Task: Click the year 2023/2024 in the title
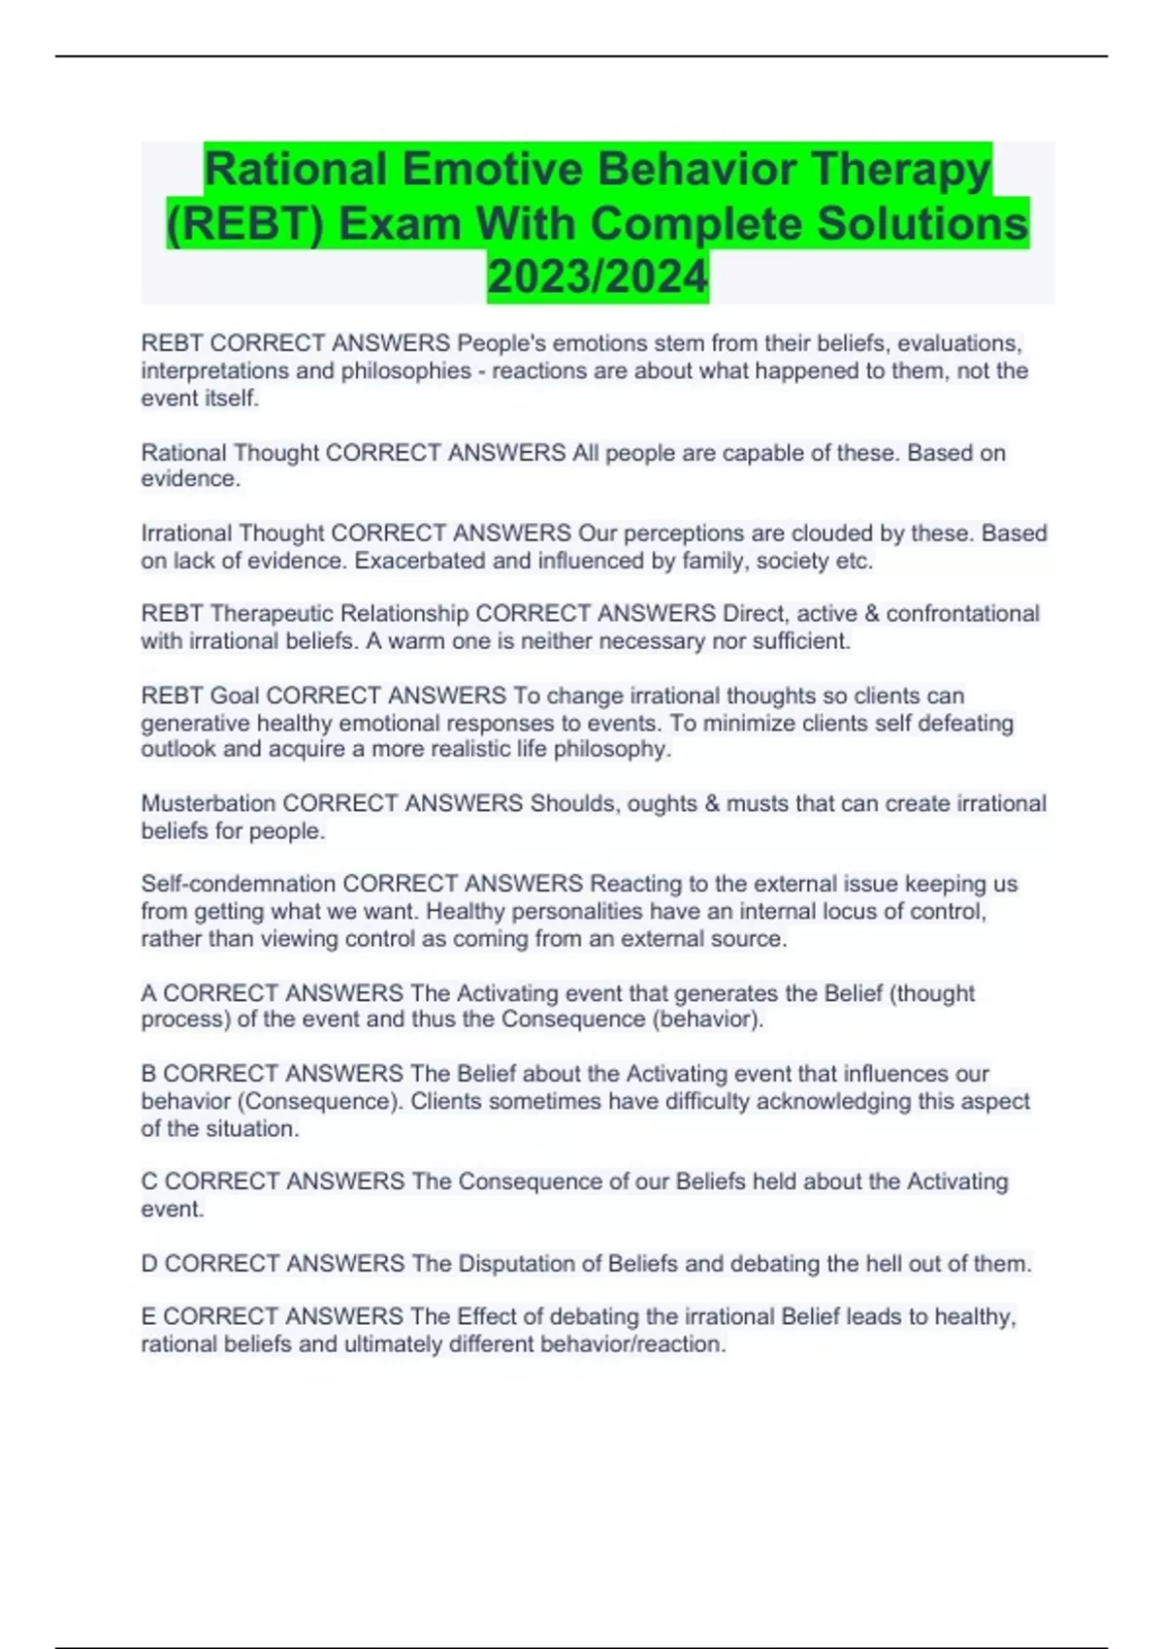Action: [598, 277]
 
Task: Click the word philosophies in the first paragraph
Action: [405, 371]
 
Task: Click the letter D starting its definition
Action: [149, 1263]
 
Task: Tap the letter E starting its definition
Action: [148, 1316]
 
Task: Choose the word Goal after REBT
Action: [235, 695]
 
